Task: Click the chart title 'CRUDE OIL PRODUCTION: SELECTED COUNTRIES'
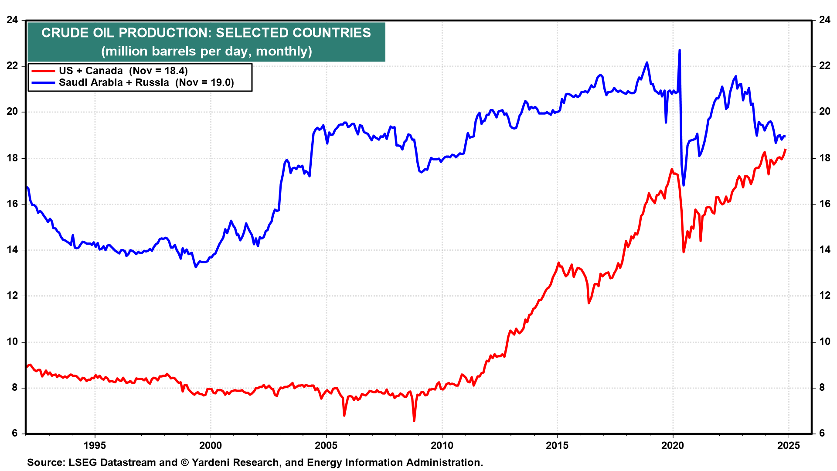[206, 33]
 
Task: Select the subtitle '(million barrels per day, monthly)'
[206, 51]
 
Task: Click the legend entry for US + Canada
[123, 71]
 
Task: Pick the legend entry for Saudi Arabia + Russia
[146, 82]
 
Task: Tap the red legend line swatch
[43, 71]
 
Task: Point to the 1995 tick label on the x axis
[95, 446]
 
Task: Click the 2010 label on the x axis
[442, 446]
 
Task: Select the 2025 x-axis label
[788, 446]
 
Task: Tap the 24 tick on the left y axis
[12, 20]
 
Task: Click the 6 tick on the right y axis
[822, 433]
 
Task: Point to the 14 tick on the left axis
[12, 250]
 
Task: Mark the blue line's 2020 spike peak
[679, 50]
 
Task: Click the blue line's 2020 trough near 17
[684, 185]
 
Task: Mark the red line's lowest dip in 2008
[414, 420]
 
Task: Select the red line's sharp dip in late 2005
[344, 416]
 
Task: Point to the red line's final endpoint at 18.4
[785, 150]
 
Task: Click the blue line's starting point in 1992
[27, 187]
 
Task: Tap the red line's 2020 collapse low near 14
[684, 252]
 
